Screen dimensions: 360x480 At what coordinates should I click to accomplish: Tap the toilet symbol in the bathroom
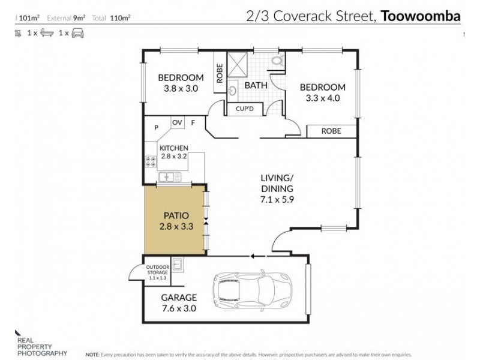click(277, 61)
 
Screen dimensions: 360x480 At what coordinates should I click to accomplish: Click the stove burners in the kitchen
click(150, 161)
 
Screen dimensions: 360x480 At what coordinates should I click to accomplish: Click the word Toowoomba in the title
click(420, 16)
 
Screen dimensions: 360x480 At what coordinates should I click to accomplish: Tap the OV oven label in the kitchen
click(177, 122)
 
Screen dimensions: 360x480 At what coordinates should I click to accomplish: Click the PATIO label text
click(176, 214)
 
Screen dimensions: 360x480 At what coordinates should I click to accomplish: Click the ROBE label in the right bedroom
click(331, 130)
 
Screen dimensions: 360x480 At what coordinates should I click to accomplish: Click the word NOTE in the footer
click(93, 355)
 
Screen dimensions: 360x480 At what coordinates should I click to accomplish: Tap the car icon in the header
click(78, 34)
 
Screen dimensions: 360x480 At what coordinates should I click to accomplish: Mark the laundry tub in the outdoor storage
click(178, 263)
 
